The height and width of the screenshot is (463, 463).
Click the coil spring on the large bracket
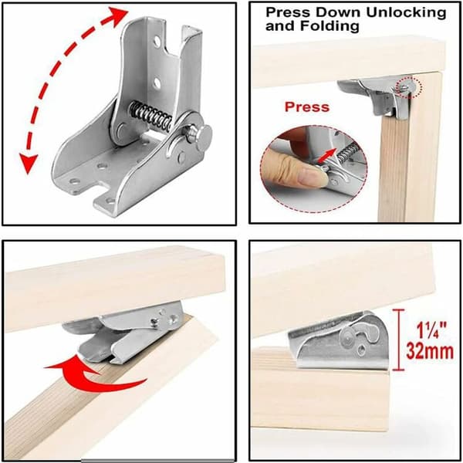pyautogui.click(x=150, y=116)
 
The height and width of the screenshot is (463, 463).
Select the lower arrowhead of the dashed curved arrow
pyautogui.click(x=28, y=164)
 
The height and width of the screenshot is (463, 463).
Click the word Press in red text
pyautogui.click(x=307, y=106)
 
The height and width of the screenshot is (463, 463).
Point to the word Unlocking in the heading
pyautogui.click(x=407, y=12)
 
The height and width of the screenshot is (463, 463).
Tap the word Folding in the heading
pyautogui.click(x=330, y=25)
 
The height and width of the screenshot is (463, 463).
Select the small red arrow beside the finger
pyautogui.click(x=327, y=156)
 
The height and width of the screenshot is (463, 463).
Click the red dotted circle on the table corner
pyautogui.click(x=409, y=87)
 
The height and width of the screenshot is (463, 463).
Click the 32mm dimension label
pyautogui.click(x=429, y=351)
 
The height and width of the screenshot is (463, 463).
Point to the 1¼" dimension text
pyautogui.click(x=431, y=330)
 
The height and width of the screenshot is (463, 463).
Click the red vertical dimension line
pyautogui.click(x=399, y=340)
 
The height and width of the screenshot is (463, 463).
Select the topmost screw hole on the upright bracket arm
pyautogui.click(x=157, y=41)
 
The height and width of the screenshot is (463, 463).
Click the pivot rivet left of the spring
pyautogui.click(x=121, y=130)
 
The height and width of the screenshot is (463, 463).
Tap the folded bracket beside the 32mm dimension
pyautogui.click(x=339, y=340)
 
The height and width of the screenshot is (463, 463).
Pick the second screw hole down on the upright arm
pyautogui.click(x=157, y=83)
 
